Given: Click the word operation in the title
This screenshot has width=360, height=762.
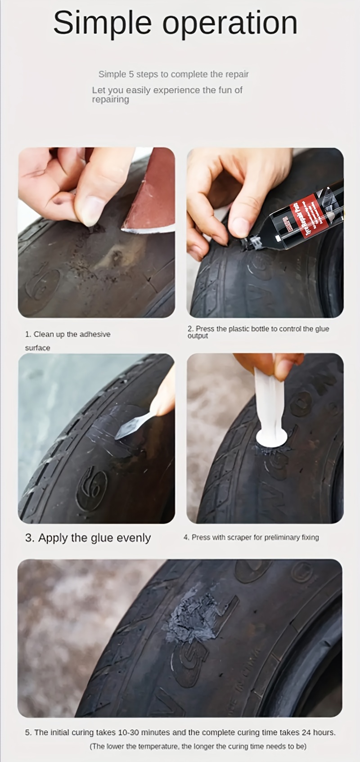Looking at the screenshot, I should coord(230,23).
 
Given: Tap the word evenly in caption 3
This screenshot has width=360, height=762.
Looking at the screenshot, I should coord(134,538).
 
